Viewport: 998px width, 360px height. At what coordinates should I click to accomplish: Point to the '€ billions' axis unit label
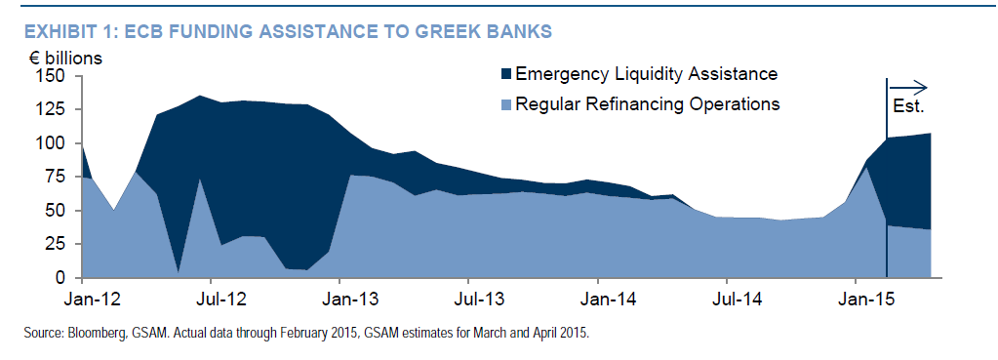(64, 59)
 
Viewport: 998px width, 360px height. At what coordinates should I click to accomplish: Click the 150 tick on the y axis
(52, 76)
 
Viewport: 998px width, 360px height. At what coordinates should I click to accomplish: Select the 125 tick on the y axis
(52, 110)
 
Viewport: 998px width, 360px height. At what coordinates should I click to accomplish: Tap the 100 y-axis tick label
(52, 143)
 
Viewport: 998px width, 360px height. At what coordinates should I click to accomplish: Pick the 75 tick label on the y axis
(56, 178)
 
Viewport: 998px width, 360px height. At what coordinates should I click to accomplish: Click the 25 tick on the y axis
(56, 244)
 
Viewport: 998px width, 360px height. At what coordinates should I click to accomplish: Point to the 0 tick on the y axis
(60, 278)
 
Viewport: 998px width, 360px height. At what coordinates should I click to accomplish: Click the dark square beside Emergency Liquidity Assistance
(506, 74)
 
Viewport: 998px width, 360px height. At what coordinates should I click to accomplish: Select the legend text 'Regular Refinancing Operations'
(648, 103)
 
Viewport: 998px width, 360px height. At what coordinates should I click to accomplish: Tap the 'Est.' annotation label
(908, 107)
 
